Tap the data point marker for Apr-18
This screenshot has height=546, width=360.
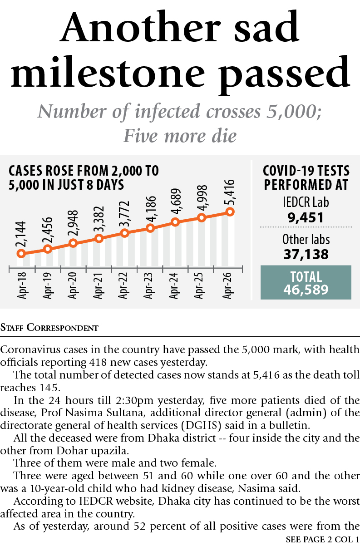point(20,254)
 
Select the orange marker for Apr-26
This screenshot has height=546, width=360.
point(230,212)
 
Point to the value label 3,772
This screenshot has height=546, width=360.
point(125,215)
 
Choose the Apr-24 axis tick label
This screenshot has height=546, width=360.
point(174,285)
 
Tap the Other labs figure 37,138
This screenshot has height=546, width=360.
point(306,254)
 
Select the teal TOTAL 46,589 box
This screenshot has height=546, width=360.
point(306,283)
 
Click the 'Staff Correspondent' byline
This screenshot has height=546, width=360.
point(49,327)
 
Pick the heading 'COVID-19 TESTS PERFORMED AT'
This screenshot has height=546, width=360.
point(306,178)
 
